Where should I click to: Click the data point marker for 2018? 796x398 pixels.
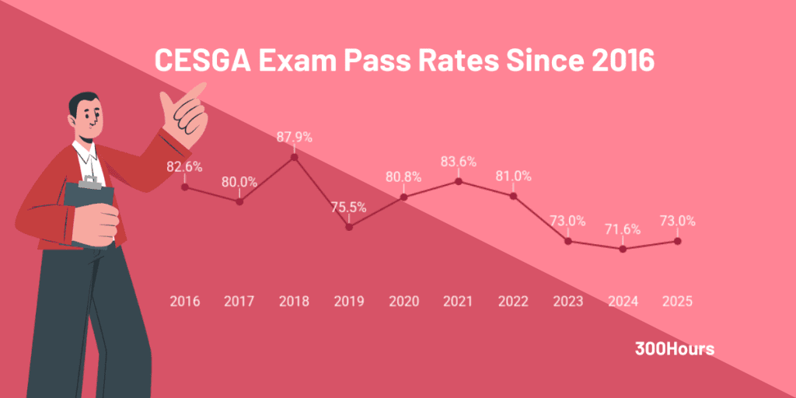click(295, 157)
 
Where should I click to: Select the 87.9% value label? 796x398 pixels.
click(295, 137)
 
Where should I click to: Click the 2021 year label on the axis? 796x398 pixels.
click(459, 301)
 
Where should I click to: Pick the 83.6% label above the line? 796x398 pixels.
click(459, 162)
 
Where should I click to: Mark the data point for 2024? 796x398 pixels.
click(623, 249)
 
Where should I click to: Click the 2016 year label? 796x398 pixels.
click(185, 301)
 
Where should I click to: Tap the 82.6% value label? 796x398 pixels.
click(185, 166)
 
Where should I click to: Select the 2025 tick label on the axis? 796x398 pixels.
click(677, 301)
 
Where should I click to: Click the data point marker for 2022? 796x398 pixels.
click(513, 196)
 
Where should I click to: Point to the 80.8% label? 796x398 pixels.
click(403, 176)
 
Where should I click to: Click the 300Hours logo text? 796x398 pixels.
click(674, 349)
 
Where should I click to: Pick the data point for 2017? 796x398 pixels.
click(239, 201)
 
